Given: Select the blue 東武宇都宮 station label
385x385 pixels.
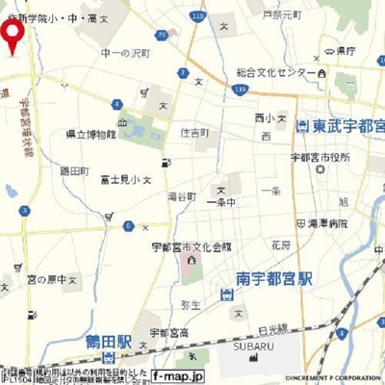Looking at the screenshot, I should coord(345,126).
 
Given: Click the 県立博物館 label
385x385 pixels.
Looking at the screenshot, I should coord(90,135).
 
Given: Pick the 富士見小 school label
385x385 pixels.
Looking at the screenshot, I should coord(120,178).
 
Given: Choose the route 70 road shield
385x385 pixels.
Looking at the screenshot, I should coord(162,35).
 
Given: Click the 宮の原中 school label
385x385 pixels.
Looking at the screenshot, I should coord(45,279).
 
